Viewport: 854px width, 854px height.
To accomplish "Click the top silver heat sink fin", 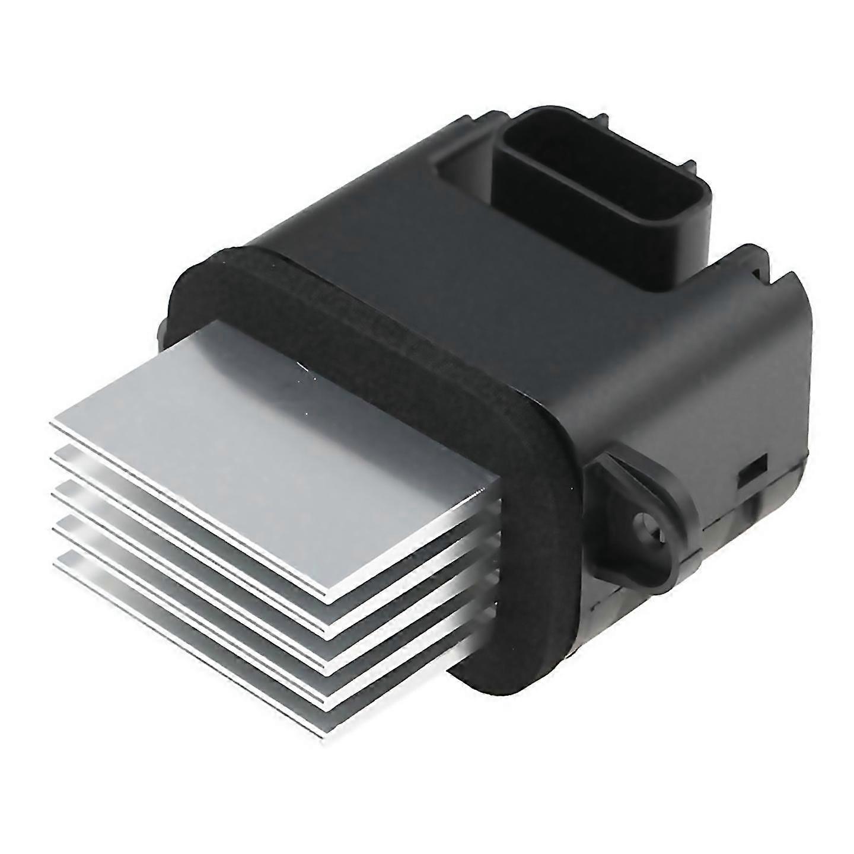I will [x=267, y=451].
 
